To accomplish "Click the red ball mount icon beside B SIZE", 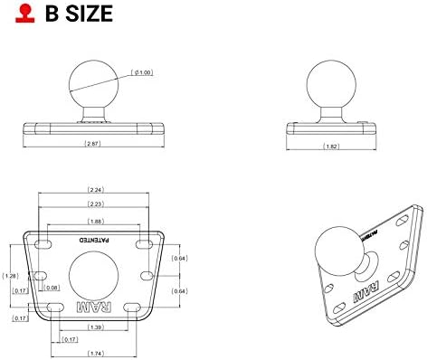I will [x=13, y=15].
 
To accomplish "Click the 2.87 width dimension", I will [x=91, y=144].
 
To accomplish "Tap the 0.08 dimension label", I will [x=52, y=288].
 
